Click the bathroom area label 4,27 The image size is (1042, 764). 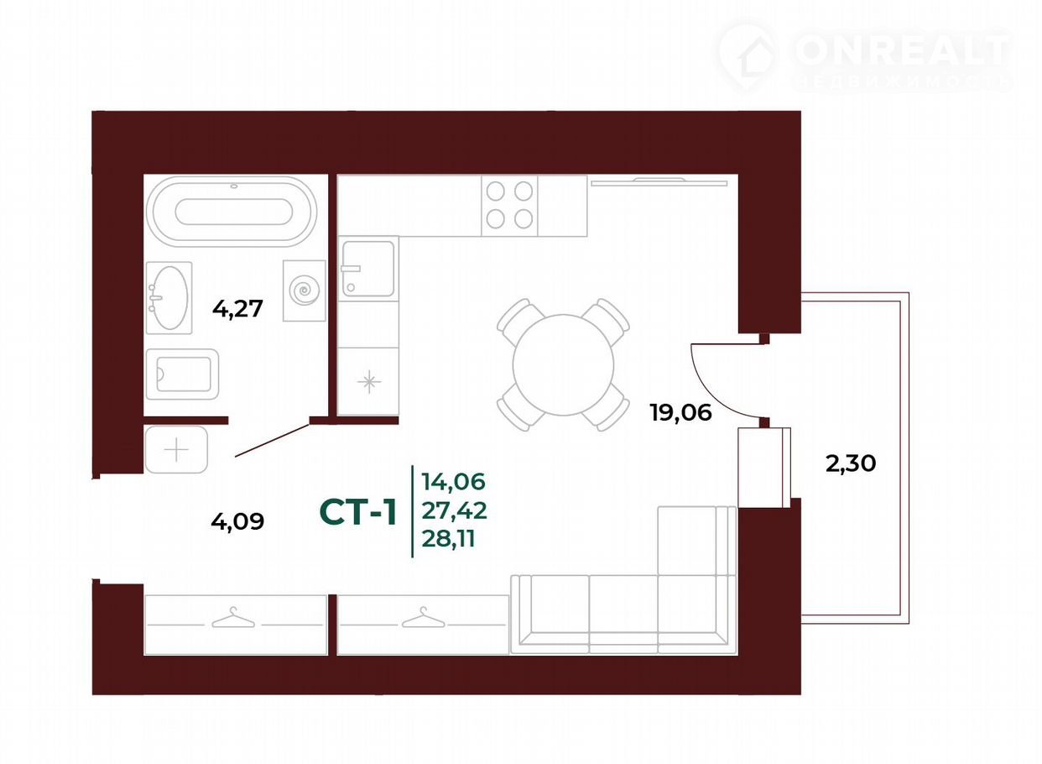point(237,309)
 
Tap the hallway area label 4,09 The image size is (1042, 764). point(237,521)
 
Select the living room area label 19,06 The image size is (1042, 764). point(681,412)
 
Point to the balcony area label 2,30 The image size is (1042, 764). point(851,463)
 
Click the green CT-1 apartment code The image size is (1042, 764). point(358,513)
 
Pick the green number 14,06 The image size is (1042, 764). point(454,481)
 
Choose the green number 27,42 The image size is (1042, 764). point(455,510)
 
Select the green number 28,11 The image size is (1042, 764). point(449,539)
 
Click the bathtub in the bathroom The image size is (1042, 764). point(232,212)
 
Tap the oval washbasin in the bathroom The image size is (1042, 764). point(169,298)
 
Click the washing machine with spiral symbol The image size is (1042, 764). point(305,290)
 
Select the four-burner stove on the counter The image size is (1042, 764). point(509,206)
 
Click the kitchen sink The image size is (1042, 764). point(368,269)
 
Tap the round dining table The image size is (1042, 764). point(563,365)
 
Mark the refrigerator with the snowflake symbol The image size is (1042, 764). point(368,381)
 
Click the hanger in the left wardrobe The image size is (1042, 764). point(233,617)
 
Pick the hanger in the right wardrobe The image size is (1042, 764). point(424,617)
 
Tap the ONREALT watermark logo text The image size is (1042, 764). point(903,50)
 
